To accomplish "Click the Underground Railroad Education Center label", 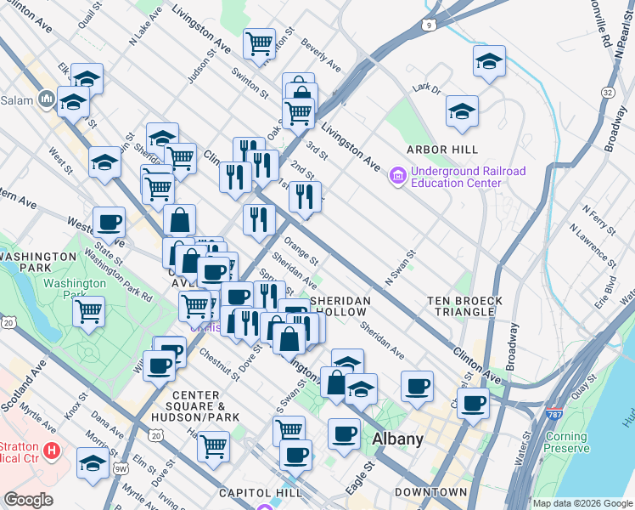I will point(467,177).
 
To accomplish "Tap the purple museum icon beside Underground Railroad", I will point(396,176).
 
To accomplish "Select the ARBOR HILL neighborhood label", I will point(440,150).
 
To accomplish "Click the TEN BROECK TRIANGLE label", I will point(466,306).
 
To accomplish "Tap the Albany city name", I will point(397,439).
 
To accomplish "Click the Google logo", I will point(29,500).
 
